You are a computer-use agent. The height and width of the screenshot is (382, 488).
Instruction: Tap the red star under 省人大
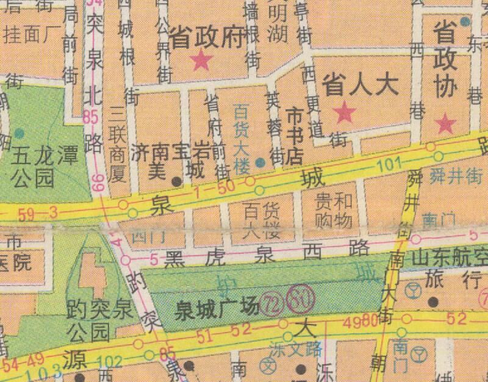(x=345, y=112)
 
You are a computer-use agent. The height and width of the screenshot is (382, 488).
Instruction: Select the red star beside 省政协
(x=447, y=123)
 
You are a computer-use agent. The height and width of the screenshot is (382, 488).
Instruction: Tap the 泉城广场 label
(x=213, y=309)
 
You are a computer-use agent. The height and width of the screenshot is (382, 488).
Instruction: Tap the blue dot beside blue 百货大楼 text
(x=260, y=162)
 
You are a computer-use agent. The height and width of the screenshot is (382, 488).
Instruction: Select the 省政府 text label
(x=207, y=38)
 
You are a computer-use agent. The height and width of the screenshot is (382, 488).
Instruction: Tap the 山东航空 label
(x=449, y=258)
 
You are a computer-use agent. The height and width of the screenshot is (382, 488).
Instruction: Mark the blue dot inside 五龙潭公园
(x=20, y=132)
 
